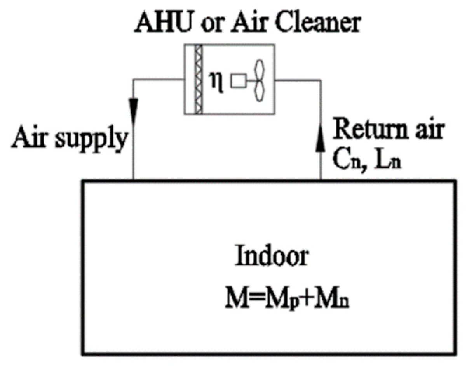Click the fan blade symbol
pyautogui.click(x=260, y=80)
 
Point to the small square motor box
pyautogui.click(x=238, y=81)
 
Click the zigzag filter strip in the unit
pyautogui.click(x=199, y=79)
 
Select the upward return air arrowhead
pyautogui.click(x=321, y=139)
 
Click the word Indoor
pyautogui.click(x=272, y=257)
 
